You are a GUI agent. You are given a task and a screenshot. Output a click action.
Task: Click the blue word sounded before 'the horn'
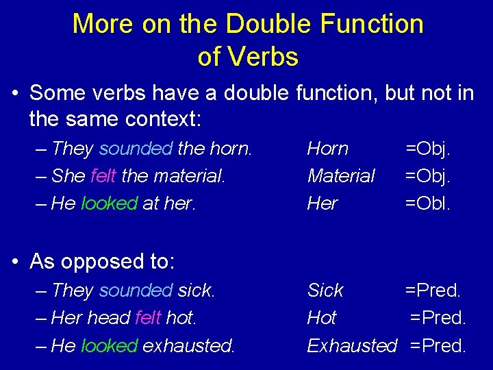tap(136, 149)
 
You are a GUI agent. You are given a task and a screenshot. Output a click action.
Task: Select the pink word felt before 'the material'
tap(103, 176)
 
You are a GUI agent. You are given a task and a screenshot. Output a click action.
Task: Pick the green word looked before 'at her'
tap(109, 204)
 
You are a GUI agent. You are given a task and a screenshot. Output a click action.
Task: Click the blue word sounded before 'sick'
tap(136, 291)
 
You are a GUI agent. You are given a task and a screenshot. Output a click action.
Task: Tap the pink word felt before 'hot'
tap(148, 318)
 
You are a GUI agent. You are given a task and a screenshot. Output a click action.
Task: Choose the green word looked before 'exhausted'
tap(109, 346)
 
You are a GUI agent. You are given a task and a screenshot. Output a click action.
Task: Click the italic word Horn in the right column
tap(327, 149)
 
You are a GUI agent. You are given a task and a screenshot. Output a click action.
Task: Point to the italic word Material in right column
tap(340, 176)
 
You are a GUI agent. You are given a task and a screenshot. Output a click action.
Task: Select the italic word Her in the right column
tap(322, 204)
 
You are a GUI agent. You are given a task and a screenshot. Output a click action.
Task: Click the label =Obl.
tap(428, 204)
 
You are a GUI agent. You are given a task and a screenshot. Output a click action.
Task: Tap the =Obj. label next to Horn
tap(428, 149)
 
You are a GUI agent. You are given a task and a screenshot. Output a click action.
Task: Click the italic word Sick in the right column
tap(325, 291)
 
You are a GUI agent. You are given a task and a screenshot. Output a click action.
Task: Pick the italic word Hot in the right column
tap(322, 318)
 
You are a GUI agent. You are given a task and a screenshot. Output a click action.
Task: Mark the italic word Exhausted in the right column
tap(352, 346)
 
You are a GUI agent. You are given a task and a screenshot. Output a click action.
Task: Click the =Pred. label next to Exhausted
tap(438, 346)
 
